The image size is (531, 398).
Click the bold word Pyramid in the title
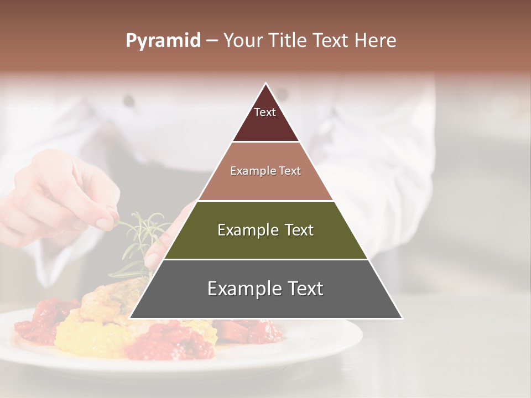point(163,41)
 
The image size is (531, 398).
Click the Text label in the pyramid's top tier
point(265,112)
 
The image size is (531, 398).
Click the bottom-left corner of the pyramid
point(131,318)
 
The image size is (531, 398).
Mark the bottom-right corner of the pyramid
point(402,318)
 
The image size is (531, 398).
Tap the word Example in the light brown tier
point(249,171)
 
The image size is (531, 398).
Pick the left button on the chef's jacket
point(129,101)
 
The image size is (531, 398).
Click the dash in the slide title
point(212,41)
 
